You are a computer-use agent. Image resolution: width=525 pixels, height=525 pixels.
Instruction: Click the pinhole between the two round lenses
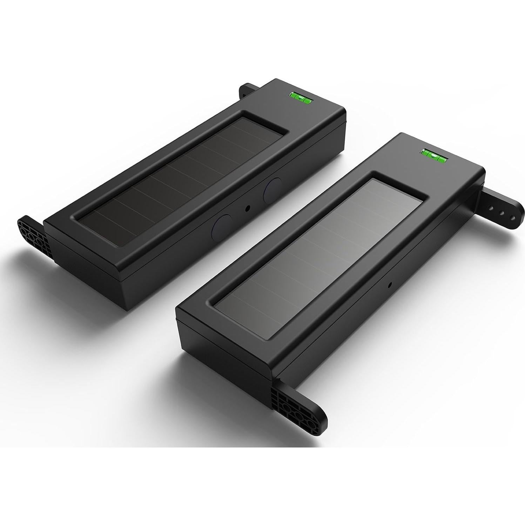[248, 208]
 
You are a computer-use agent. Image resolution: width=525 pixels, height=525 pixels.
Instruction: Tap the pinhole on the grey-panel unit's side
[389, 285]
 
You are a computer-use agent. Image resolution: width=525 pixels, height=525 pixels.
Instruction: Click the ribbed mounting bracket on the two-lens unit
[33, 237]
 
